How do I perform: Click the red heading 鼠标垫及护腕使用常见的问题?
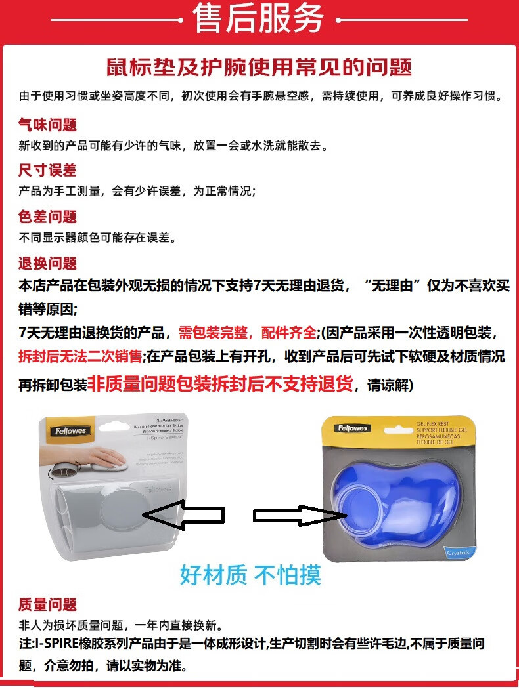pos(259,67)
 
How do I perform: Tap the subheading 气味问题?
pos(47,125)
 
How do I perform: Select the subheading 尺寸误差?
pos(47,171)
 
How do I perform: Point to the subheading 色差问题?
pos(47,217)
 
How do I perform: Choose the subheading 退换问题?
pos(47,263)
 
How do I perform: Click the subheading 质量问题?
pos(47,604)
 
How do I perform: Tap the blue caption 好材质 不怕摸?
pos(250,575)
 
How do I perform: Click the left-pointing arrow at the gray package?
pos(183,516)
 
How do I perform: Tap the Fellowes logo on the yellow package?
pos(353,428)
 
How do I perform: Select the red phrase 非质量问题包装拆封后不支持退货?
pos(221,383)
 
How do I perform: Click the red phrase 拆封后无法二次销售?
pos(80,357)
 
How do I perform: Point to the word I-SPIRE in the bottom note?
pos(57,644)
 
